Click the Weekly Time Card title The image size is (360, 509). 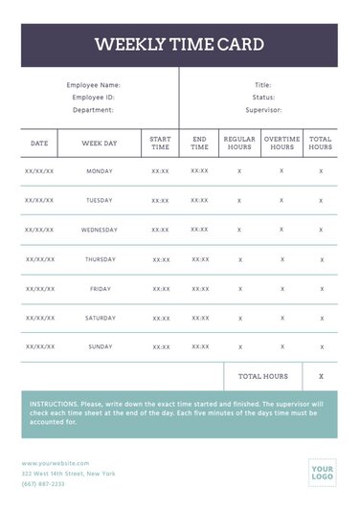[179, 45]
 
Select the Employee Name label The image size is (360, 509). [94, 85]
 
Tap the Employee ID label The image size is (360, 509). [94, 98]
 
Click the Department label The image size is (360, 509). [94, 110]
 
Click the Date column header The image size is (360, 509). [39, 144]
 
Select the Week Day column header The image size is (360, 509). [100, 144]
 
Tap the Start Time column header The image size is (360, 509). [160, 144]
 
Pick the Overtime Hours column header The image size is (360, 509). [281, 144]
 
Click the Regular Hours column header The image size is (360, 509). [239, 144]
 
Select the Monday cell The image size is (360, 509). [100, 171]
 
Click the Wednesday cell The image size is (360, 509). [100, 230]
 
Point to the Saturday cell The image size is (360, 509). [100, 318]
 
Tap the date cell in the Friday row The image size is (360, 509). [39, 289]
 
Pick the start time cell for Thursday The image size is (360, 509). [160, 259]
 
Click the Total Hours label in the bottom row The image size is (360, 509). [263, 377]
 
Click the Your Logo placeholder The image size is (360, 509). [321, 472]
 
